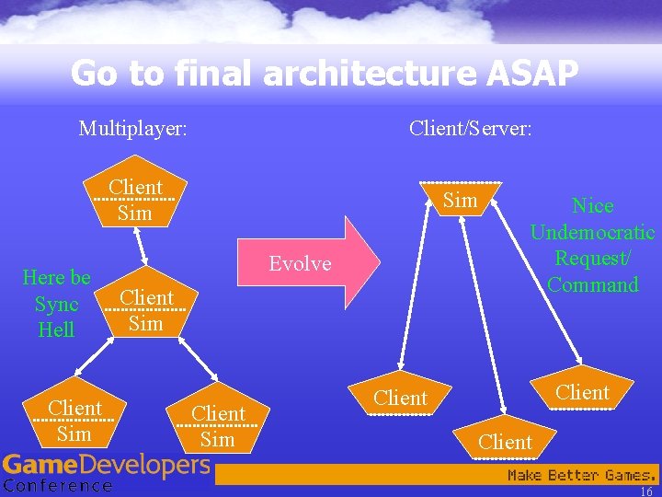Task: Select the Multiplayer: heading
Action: [133, 128]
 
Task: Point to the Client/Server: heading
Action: [470, 128]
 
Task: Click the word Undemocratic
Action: [592, 232]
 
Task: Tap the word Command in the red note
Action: [592, 284]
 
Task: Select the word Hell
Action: [56, 329]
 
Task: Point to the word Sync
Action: [56, 304]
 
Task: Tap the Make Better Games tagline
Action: [581, 475]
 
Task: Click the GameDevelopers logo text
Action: [106, 466]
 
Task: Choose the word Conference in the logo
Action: [57, 486]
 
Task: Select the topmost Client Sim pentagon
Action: [136, 199]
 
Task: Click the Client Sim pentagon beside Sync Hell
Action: [146, 309]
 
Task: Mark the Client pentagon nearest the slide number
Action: [505, 442]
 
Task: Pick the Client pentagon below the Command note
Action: [582, 392]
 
